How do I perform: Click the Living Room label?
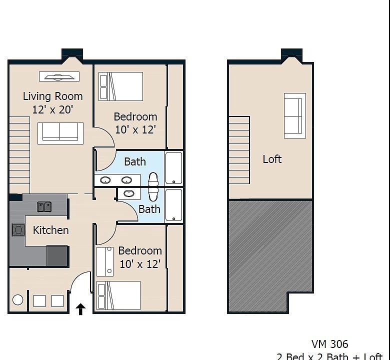52,96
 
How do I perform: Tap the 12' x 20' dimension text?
52,109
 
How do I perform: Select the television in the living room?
59,76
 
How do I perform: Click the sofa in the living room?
60,132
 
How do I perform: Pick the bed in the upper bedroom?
121,86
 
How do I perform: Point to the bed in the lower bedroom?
118,295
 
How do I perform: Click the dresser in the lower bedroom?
105,261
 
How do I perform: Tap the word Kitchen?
50,230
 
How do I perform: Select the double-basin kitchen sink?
44,206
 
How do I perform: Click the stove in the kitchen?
18,229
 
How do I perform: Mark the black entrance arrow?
80,309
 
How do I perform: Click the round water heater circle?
18,300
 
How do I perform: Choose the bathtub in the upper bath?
173,168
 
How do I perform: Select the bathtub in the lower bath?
173,204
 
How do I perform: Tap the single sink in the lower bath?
129,193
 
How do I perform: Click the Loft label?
272,159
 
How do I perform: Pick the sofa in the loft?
294,115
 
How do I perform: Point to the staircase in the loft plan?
239,150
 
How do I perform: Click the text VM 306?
329,344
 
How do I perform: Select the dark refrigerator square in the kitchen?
57,255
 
